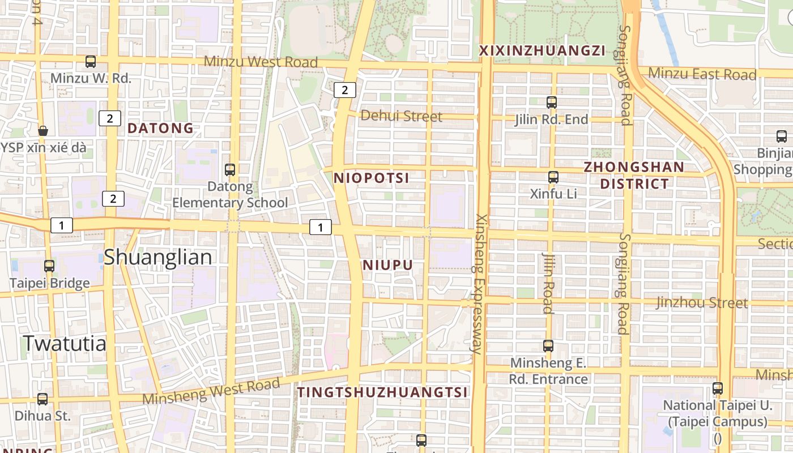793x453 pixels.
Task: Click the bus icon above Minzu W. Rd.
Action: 91,62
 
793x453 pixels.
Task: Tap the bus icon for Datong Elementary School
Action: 230,169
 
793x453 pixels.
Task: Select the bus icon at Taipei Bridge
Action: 49,266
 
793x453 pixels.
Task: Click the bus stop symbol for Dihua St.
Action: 42,399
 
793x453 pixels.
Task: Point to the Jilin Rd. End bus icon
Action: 552,102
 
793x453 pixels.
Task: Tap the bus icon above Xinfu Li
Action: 553,177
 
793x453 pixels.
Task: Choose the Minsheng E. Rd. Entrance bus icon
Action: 548,346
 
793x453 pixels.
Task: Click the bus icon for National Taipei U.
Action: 718,388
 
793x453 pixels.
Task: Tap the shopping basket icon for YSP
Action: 43,131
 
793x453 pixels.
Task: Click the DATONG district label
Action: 160,129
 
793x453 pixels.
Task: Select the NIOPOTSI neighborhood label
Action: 371,178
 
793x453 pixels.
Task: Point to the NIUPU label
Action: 387,266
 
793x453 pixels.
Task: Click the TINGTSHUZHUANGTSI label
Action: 383,392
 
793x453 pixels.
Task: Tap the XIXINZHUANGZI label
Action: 542,51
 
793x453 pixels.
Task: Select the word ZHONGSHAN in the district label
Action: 634,167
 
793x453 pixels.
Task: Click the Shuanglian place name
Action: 158,257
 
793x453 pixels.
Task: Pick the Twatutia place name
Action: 65,343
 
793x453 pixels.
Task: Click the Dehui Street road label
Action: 401,116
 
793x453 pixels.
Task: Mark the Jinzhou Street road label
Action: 702,303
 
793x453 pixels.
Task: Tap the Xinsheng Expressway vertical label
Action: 479,284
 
